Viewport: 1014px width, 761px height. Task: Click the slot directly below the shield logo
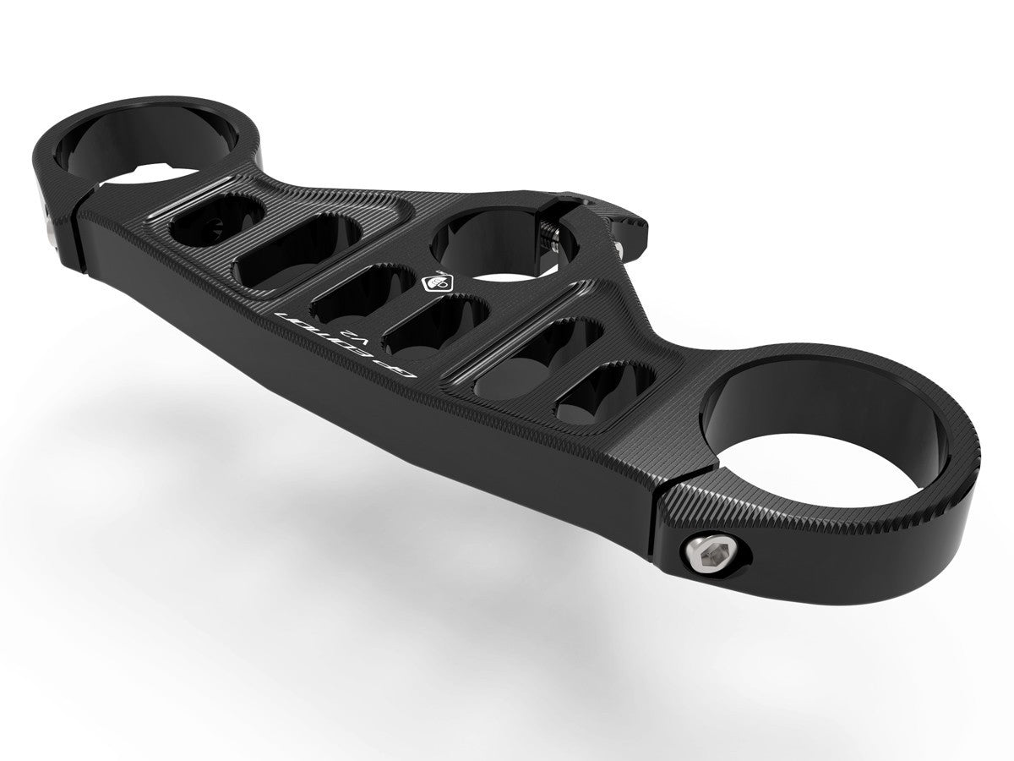coord(435,326)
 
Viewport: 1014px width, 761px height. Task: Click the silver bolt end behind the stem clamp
coord(621,246)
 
